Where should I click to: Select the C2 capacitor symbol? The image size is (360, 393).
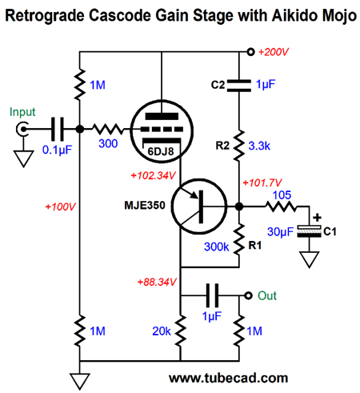click(x=239, y=86)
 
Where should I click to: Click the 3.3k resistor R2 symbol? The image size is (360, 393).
click(x=239, y=146)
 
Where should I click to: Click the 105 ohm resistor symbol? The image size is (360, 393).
click(x=281, y=207)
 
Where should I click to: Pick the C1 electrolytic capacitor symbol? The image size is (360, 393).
click(x=309, y=231)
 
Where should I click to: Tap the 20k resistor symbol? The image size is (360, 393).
click(x=180, y=331)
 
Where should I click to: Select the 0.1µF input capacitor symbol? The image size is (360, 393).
click(x=58, y=129)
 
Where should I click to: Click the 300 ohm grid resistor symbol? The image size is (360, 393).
click(x=108, y=129)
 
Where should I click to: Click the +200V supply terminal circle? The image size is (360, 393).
click(x=250, y=51)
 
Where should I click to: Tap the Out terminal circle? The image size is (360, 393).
click(x=248, y=295)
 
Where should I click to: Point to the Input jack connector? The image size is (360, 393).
click(x=22, y=129)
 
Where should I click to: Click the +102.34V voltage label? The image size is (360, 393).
click(x=153, y=175)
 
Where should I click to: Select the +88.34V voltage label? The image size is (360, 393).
click(x=157, y=282)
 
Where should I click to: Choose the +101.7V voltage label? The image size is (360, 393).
click(x=262, y=182)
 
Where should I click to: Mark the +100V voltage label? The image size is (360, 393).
click(x=61, y=207)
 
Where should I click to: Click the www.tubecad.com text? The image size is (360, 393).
click(x=229, y=378)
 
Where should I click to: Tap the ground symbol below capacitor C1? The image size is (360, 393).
click(x=309, y=259)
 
